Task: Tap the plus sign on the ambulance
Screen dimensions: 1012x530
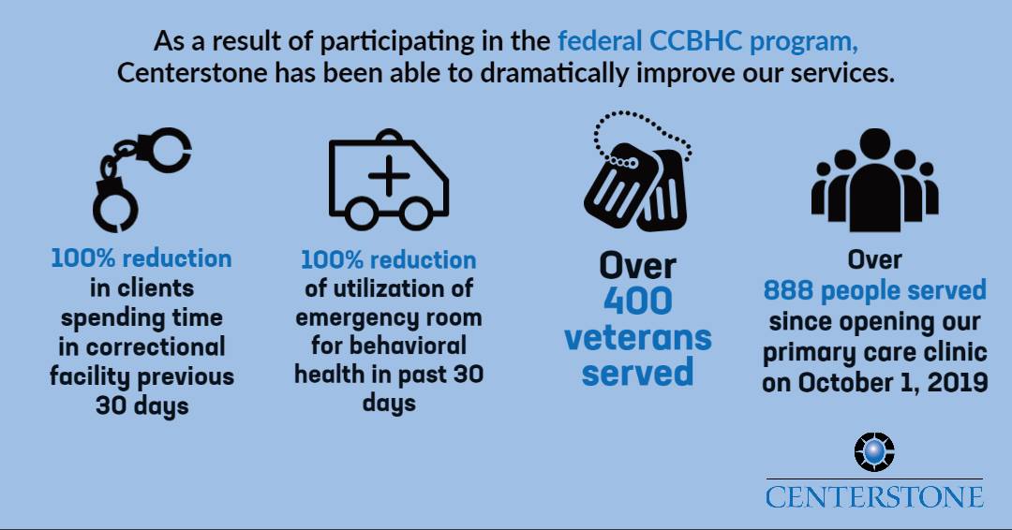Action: (389, 175)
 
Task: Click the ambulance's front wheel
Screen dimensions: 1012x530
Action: (416, 212)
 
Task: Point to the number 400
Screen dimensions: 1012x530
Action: (638, 302)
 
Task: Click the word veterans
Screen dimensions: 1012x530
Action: (638, 338)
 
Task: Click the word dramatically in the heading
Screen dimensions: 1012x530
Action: (554, 73)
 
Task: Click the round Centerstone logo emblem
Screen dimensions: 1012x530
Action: (874, 452)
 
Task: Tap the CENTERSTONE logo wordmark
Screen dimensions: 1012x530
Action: (874, 497)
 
